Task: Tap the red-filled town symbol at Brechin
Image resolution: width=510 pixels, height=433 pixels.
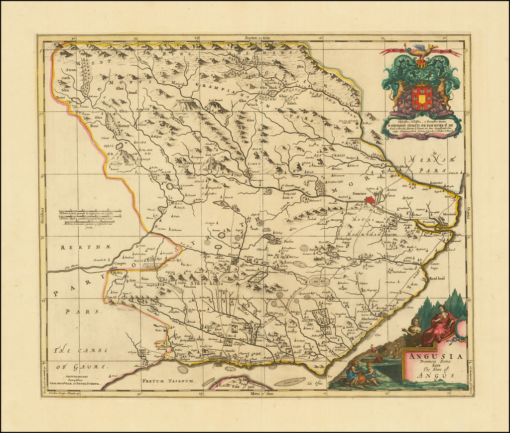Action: (x=369, y=199)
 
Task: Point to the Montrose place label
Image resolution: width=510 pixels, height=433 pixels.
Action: (x=450, y=214)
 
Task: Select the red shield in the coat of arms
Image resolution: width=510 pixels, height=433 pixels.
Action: (x=422, y=98)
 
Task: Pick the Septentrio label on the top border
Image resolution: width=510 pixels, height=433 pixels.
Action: (x=256, y=38)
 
